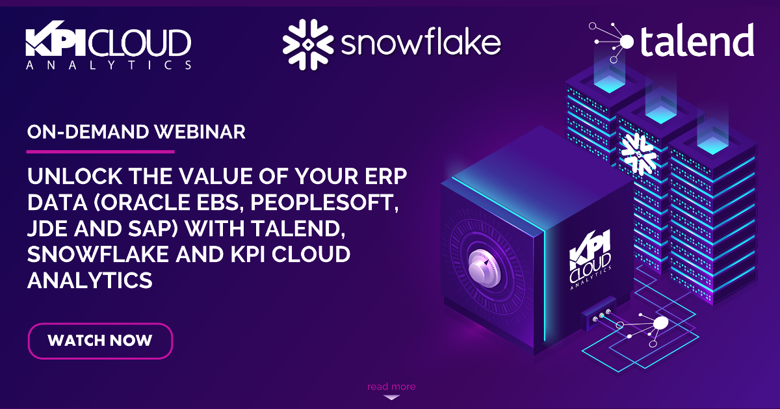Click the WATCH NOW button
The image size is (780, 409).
pyautogui.click(x=100, y=340)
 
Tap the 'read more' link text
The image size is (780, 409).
pyautogui.click(x=391, y=386)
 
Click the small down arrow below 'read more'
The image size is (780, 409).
pyautogui.click(x=391, y=397)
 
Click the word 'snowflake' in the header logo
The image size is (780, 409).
pyautogui.click(x=421, y=44)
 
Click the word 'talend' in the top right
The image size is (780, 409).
pyautogui.click(x=697, y=42)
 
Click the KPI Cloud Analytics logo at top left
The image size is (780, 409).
pyautogui.click(x=108, y=47)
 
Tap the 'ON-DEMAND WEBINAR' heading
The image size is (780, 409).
pyautogui.click(x=136, y=132)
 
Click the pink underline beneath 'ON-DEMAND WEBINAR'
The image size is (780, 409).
pyautogui.click(x=100, y=152)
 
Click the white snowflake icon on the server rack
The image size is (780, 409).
pyautogui.click(x=637, y=153)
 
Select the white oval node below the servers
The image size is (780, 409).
pyautogui.click(x=660, y=323)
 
